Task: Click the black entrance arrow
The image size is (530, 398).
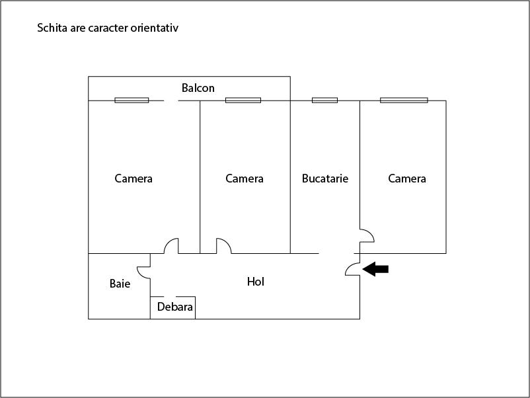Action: coord(375,269)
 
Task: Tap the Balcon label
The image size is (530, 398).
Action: coord(198,88)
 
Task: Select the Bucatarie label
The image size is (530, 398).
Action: coord(325,179)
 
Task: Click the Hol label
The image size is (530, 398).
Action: coord(256,282)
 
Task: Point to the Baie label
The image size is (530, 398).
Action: coord(120,284)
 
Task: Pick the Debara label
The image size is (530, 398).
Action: coord(174,307)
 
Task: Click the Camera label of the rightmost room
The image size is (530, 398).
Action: coord(406,179)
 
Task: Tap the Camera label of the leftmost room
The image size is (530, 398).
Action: coord(133,179)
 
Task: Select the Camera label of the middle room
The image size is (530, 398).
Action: coord(245,179)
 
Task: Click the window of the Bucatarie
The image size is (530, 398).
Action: coord(324,100)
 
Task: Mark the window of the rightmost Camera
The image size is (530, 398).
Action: coord(404,100)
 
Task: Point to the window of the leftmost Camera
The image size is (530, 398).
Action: coord(132,100)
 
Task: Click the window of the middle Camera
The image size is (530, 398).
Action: coord(243,100)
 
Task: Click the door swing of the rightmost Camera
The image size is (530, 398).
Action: coord(371,233)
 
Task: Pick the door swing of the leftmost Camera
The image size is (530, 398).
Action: coord(168,242)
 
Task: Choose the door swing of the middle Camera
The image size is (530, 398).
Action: coord(227,242)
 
